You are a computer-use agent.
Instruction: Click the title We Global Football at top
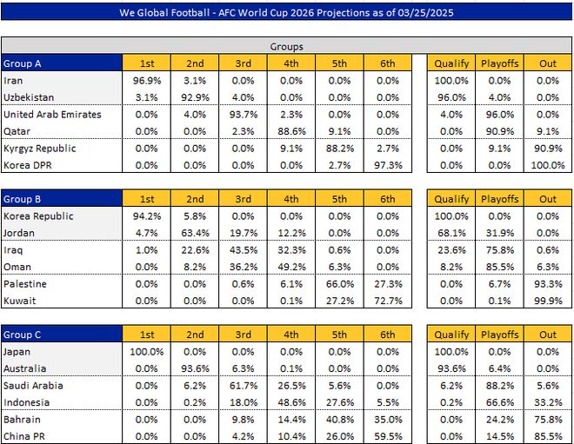tap(287, 12)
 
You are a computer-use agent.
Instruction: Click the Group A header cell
tap(61, 63)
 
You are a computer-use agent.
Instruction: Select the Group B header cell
tap(61, 199)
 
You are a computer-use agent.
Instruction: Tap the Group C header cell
tap(61, 335)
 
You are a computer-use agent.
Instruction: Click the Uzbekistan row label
tap(29, 97)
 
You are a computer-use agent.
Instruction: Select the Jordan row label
tap(21, 233)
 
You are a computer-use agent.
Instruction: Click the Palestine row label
tap(25, 283)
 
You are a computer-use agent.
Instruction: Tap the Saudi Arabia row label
tap(34, 385)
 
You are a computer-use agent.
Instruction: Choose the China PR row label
tap(23, 436)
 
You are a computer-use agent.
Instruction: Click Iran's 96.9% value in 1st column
tap(146, 81)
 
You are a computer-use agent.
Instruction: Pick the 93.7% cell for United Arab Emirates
tap(243, 115)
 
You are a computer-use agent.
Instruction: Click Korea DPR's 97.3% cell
tap(388, 165)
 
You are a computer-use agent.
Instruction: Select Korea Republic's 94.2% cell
tap(146, 216)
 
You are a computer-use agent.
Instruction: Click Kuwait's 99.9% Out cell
tap(548, 301)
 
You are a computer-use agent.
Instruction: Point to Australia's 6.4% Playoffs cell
tap(500, 368)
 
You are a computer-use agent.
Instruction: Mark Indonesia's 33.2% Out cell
tap(548, 402)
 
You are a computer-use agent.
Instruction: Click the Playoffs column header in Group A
tap(500, 63)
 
